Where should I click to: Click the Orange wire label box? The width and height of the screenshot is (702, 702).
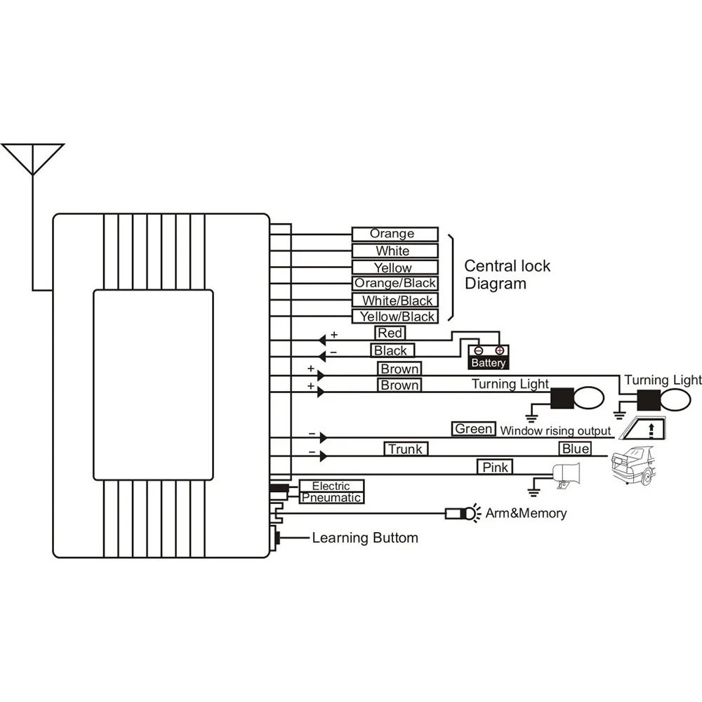(x=395, y=234)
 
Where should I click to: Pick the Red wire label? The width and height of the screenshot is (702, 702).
(x=390, y=333)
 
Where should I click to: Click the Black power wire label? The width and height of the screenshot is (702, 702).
(x=390, y=350)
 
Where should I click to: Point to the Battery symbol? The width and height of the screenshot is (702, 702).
(x=489, y=357)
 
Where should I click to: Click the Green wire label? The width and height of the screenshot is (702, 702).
(x=474, y=429)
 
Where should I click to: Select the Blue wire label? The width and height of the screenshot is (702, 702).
(x=575, y=449)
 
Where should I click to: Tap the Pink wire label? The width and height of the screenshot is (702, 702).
(x=496, y=466)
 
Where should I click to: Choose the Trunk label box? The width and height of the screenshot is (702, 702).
(x=406, y=449)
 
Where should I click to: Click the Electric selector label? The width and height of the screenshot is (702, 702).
(x=331, y=486)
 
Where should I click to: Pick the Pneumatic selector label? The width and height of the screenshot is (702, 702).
(x=331, y=498)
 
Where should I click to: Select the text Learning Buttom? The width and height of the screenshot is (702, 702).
(x=364, y=538)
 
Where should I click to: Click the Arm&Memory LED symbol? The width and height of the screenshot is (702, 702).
(x=460, y=513)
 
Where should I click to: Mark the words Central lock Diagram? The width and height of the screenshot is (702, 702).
(x=507, y=275)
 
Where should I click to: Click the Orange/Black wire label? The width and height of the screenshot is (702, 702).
(x=395, y=284)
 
